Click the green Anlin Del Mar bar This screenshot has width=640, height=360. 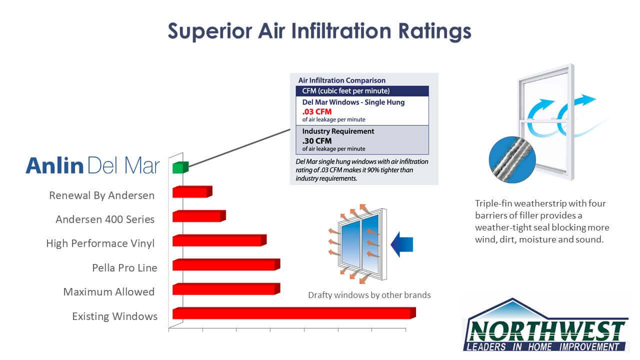pos(180,167)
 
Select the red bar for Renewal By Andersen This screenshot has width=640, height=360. pos(192,191)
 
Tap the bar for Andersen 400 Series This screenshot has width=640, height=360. pos(199,216)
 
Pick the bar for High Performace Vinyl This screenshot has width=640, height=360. pos(219,240)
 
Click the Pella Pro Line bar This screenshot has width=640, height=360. pos(226,264)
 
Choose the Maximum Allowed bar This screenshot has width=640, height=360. pos(226,289)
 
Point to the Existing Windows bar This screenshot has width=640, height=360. pos(294,313)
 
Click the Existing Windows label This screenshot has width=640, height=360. pos(115,316)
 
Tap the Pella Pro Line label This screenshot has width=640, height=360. pos(124,267)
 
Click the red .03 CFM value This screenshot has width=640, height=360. pos(317,111)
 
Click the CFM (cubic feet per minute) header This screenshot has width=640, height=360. pos(346,91)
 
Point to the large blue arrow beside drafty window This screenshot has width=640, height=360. pos(401,244)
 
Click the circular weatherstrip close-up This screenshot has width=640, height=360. pos(512,159)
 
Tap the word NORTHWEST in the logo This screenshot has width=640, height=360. pos(547,331)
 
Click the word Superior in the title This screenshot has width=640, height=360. pos(210,31)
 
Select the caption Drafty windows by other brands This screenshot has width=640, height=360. pos(369,295)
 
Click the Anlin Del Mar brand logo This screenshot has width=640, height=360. pos(93,165)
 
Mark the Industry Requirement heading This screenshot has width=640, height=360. pos(338,131)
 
